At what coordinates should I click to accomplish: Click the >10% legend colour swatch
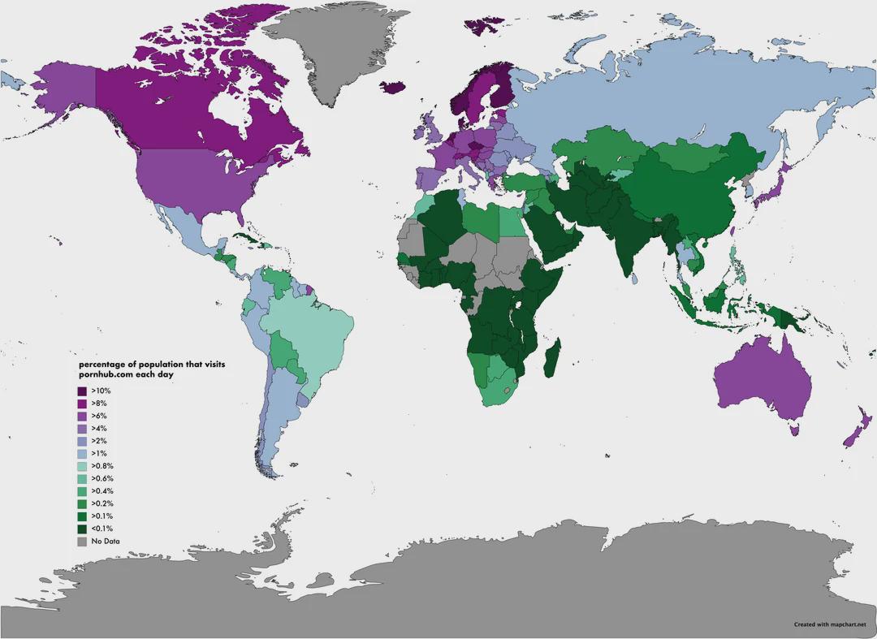82,391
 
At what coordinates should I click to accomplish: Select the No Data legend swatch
82,541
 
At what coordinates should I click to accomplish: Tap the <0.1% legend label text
102,529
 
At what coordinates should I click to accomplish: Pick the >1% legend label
99,453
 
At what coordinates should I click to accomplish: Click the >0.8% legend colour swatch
82,465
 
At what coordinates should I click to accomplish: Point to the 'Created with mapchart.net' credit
826,624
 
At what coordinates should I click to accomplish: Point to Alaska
65,89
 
